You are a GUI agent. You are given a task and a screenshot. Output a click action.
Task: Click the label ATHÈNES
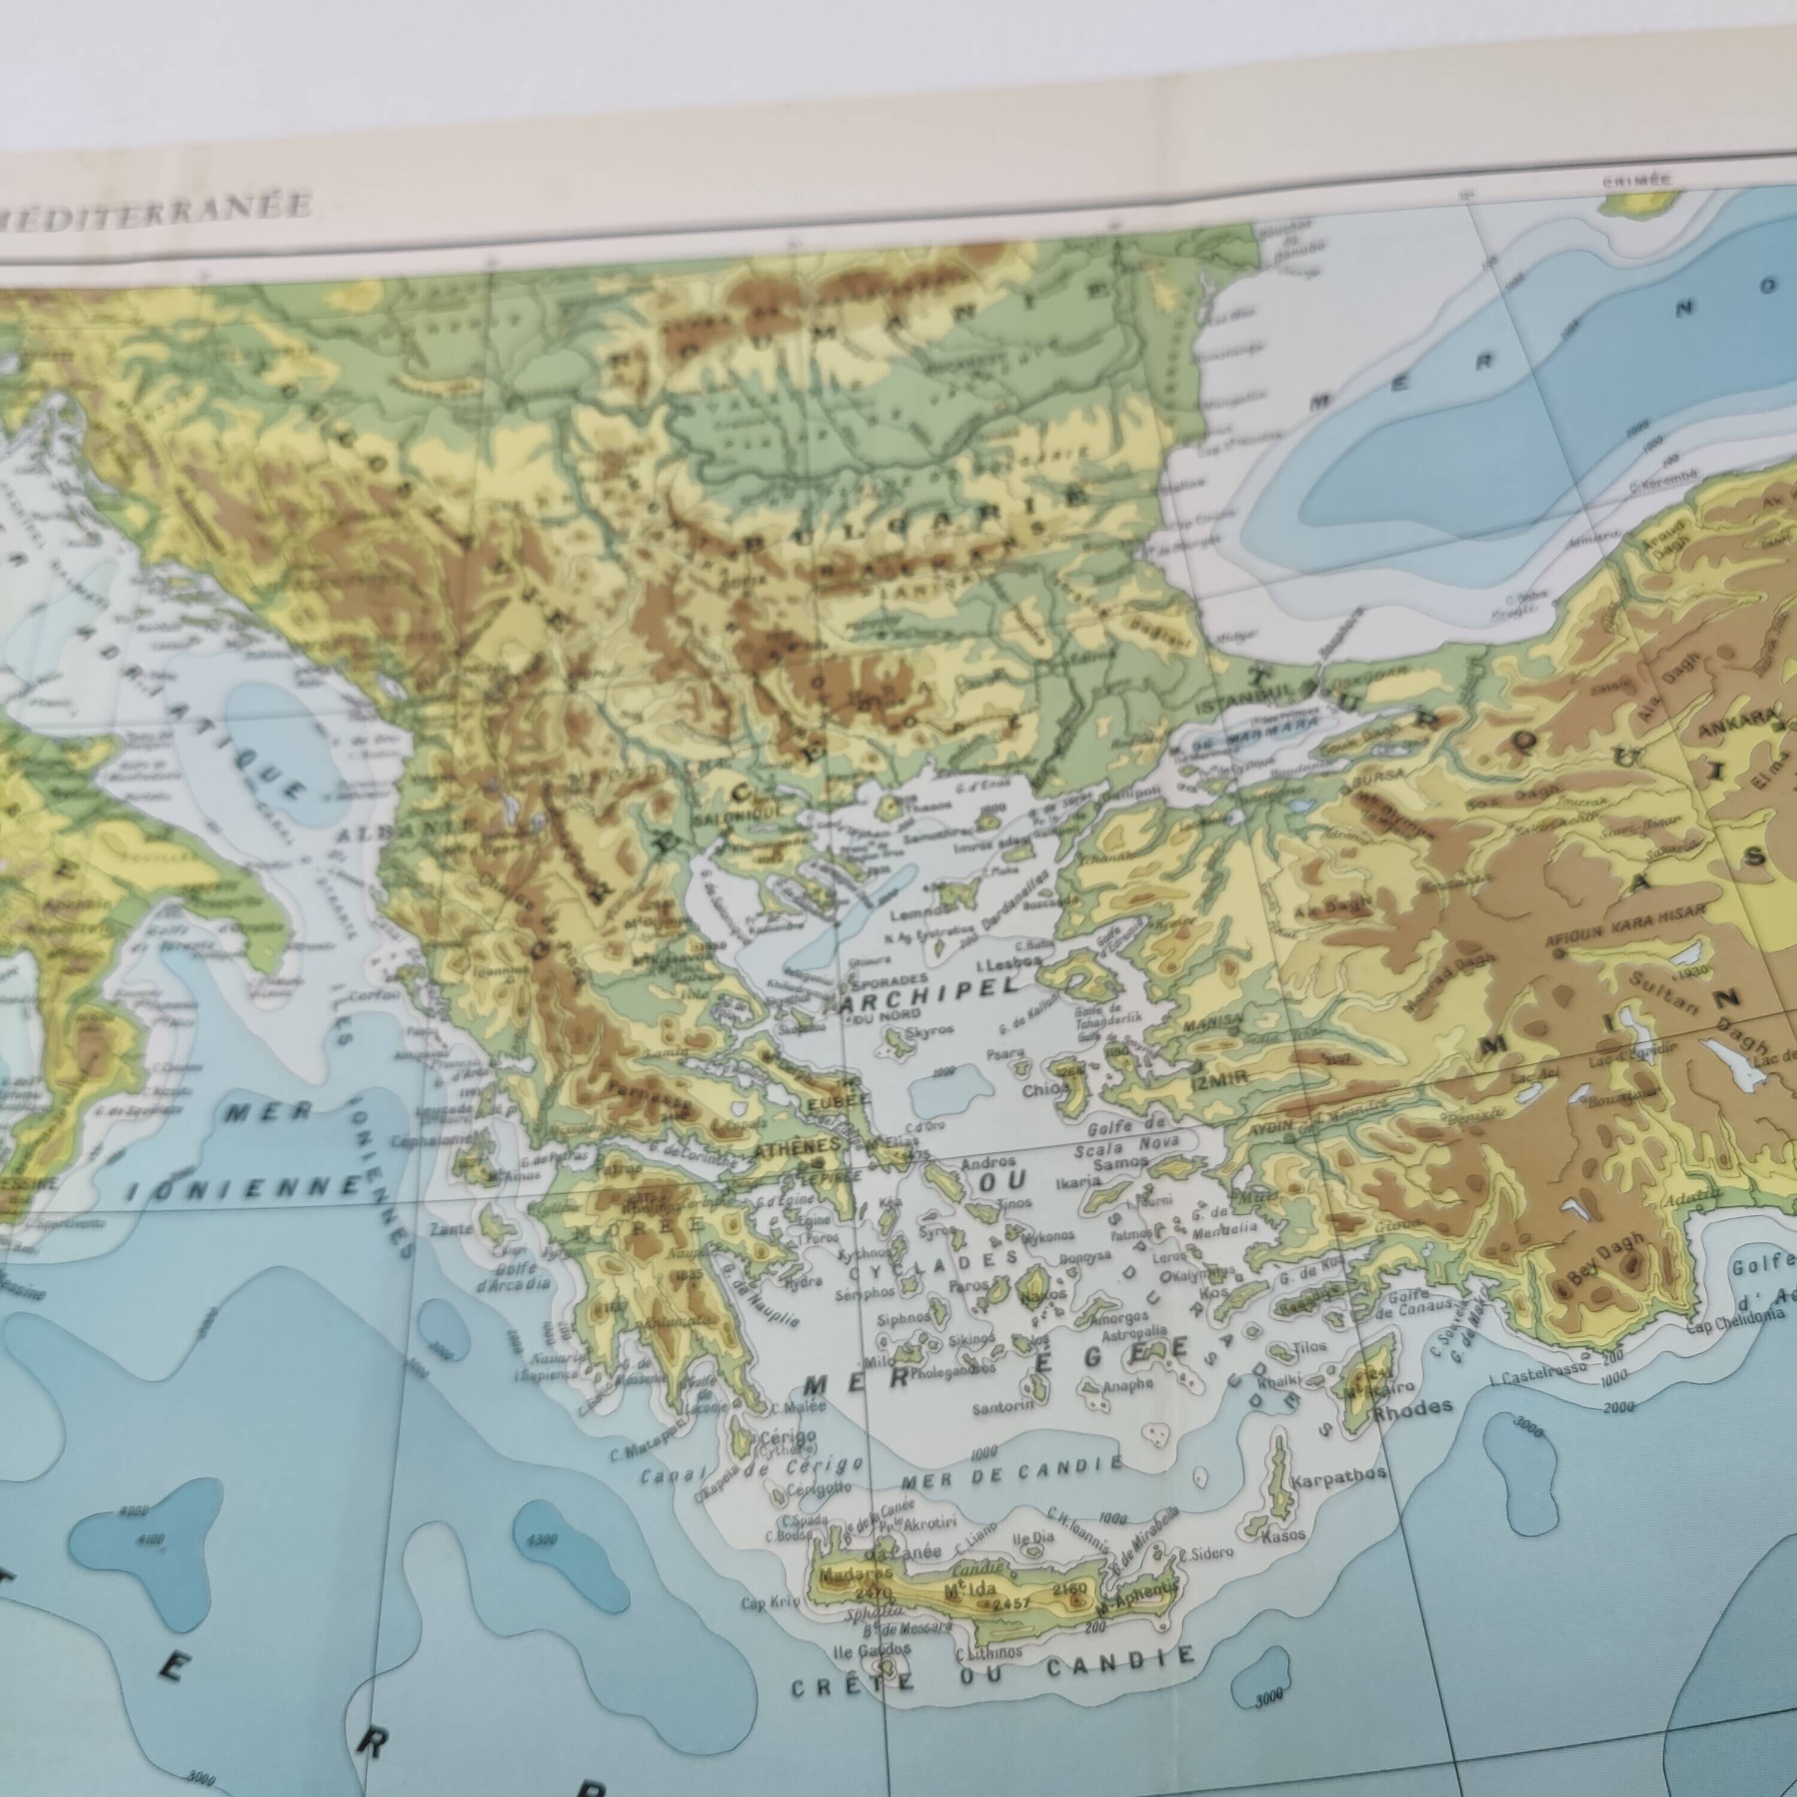click(x=783, y=1148)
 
